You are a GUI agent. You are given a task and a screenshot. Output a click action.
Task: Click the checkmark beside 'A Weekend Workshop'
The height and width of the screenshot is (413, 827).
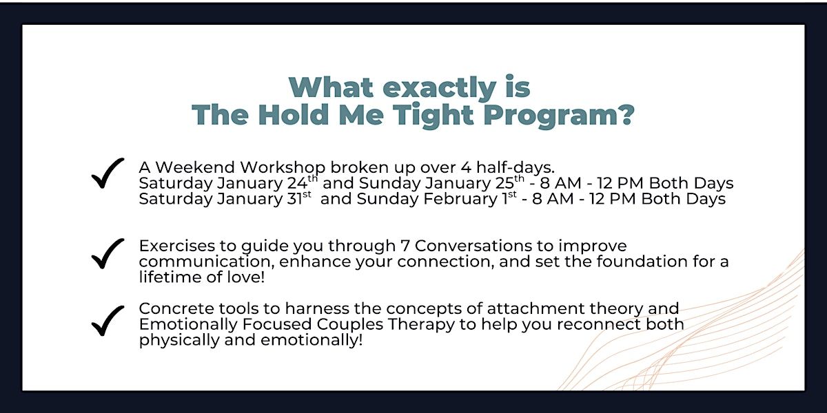pyautogui.click(x=108, y=173)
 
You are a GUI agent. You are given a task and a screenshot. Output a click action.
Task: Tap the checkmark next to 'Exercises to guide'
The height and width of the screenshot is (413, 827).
pyautogui.click(x=108, y=254)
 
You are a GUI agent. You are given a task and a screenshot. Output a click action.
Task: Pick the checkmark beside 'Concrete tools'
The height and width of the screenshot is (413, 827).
pyautogui.click(x=108, y=321)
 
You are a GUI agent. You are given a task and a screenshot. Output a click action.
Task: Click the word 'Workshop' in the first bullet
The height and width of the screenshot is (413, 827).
pyautogui.click(x=283, y=168)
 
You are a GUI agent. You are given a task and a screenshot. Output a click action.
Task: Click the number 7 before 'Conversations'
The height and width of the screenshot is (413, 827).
pyautogui.click(x=405, y=246)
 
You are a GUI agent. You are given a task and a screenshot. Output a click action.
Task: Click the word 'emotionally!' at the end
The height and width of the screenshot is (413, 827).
pyautogui.click(x=312, y=340)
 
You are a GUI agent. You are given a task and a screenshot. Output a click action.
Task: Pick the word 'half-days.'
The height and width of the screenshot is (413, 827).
pyautogui.click(x=515, y=168)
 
